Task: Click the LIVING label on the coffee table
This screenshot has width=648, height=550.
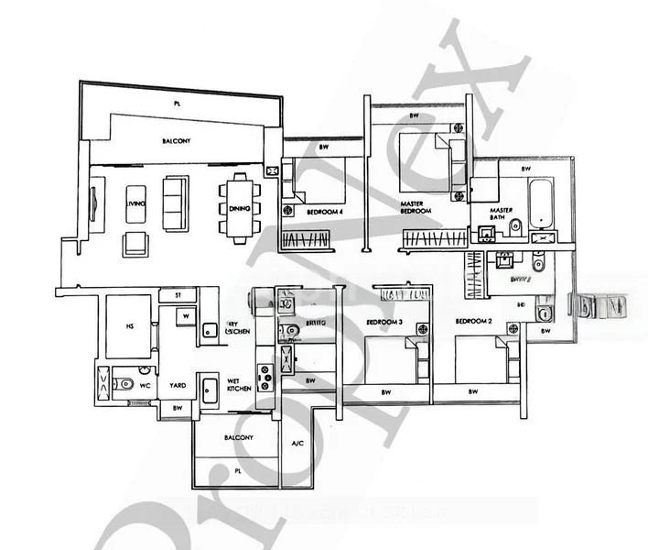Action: (136, 203)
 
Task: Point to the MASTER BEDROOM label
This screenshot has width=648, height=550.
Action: (416, 207)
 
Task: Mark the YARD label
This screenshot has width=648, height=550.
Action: (176, 386)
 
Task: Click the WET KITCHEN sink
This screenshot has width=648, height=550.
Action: (210, 385)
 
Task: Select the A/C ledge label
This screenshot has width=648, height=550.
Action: (297, 445)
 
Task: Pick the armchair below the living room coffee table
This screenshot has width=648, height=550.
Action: (135, 243)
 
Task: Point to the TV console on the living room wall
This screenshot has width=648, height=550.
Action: (93, 203)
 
